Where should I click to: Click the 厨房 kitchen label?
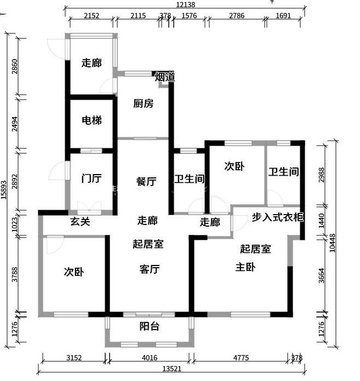[x=143, y=103]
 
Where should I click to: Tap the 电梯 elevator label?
[x=92, y=120]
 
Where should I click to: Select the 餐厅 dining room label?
[x=146, y=182]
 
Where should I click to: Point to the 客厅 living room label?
[x=150, y=269]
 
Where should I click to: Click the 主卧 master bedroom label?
[x=245, y=267]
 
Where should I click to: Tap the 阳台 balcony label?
[x=150, y=326]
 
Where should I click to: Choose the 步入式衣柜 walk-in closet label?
[x=278, y=217]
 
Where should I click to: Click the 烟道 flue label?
[x=165, y=77]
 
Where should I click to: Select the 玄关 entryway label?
[x=80, y=221]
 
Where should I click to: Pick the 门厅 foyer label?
[x=92, y=178]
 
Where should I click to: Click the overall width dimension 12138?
[x=186, y=4]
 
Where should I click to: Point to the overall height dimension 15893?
[x=4, y=190]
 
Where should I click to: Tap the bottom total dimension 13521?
[x=172, y=369]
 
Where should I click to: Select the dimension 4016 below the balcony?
[x=150, y=357]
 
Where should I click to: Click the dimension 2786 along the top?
[x=237, y=15]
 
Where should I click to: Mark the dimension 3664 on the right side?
[x=322, y=275]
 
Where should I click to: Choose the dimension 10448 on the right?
[x=332, y=243]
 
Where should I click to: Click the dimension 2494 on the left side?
[x=15, y=124]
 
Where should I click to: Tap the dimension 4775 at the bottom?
[x=241, y=357]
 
